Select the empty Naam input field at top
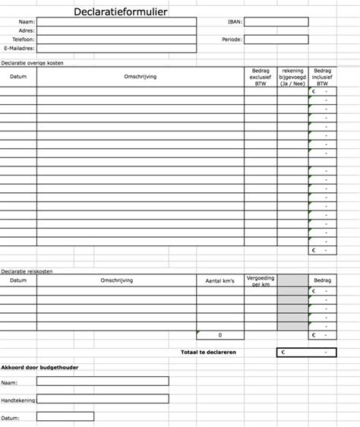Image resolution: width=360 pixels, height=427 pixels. (x=115, y=22)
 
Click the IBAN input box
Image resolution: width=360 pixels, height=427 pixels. (x=276, y=22)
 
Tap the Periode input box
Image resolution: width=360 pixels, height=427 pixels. (x=276, y=40)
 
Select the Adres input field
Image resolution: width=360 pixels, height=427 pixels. (x=115, y=31)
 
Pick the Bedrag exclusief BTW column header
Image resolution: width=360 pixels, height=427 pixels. (x=260, y=77)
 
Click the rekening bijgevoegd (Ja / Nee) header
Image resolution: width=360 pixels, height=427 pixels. (x=292, y=77)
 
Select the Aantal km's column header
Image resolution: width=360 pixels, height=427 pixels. (x=219, y=281)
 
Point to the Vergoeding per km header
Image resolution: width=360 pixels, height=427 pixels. (x=260, y=281)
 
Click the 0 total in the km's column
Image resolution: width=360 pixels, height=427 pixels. (x=219, y=335)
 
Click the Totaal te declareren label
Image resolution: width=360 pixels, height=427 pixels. (x=208, y=353)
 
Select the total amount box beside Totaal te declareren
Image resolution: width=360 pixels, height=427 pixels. (x=305, y=353)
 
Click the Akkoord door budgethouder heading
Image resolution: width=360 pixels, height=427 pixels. (x=39, y=368)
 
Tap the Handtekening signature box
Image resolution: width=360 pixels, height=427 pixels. (x=103, y=399)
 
